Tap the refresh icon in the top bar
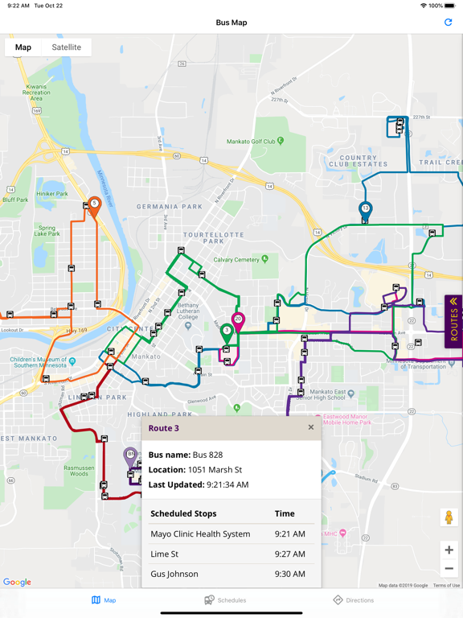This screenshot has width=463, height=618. [x=448, y=23]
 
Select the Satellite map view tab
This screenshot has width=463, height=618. [x=66, y=47]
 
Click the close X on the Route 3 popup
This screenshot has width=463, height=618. [x=311, y=427]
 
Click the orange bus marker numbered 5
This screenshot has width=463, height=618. [x=94, y=205]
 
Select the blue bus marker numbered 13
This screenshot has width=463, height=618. [x=366, y=210]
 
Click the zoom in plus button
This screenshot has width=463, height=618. [x=449, y=550]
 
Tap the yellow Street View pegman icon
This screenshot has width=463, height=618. [x=449, y=517]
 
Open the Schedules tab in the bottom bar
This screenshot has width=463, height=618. [x=226, y=600]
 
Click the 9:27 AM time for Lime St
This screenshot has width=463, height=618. [x=289, y=554]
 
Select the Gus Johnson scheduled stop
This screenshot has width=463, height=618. [x=174, y=574]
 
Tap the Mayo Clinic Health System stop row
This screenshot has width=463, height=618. [x=200, y=534]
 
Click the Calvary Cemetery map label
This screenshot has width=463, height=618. [x=236, y=260]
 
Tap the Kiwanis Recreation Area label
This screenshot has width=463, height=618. [x=36, y=93]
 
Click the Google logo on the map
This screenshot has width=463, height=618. [x=17, y=582]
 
